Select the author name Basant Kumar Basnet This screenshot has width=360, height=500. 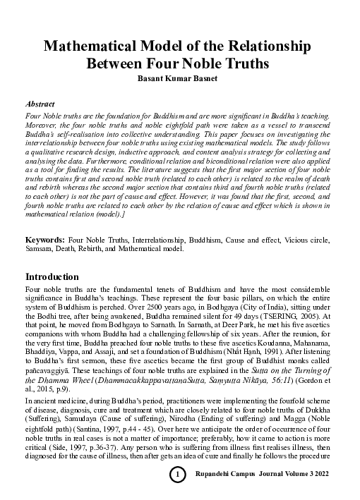[180, 77]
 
